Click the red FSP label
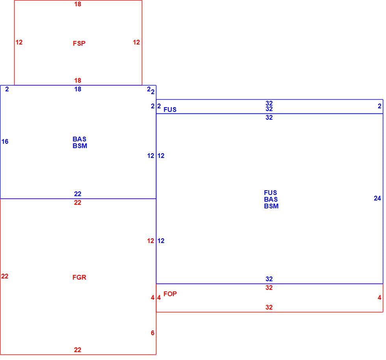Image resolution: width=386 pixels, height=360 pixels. point(79,43)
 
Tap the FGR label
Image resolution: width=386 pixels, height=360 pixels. point(79,277)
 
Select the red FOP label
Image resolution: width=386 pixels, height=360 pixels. point(170,294)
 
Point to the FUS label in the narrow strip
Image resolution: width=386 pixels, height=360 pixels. point(170,109)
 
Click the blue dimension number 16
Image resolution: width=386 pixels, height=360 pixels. point(5,141)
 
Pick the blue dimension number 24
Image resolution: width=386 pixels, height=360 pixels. point(377,198)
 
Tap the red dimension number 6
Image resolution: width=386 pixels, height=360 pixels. point(153,333)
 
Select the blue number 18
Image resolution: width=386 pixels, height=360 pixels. point(78,89)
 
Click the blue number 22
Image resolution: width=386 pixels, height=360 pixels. point(78,194)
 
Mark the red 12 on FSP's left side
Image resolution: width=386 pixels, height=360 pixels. point(19,43)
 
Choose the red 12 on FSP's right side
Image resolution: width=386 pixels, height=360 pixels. point(136,43)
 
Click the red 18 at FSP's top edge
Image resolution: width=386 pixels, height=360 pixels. point(78,4)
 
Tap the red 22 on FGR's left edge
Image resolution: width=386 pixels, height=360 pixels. point(5,276)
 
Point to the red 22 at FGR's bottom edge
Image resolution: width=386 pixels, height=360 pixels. point(78,350)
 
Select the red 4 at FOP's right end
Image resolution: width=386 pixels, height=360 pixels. point(379,298)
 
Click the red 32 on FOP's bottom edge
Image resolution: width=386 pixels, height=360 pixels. point(269,307)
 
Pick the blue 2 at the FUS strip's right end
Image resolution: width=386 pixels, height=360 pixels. point(379,106)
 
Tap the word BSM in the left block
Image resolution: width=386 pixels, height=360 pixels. point(80,146)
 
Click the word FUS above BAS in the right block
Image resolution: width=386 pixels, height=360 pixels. point(270,193)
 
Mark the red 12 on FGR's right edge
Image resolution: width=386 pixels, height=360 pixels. point(150,241)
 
